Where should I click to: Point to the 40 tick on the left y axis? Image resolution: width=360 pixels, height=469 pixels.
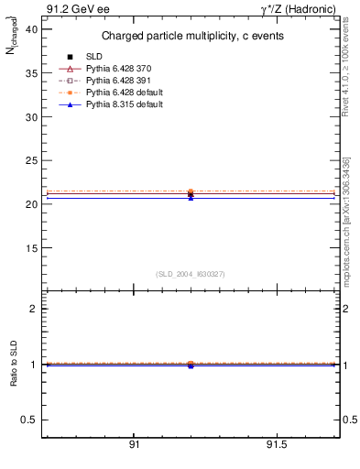(x=31, y=29)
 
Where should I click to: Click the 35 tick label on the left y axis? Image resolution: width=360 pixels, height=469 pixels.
(x=31, y=73)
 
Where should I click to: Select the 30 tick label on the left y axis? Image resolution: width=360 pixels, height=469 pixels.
(x=31, y=117)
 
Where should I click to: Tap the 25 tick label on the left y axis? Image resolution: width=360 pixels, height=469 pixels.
(x=31, y=160)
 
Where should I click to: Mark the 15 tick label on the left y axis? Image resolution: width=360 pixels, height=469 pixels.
(x=31, y=248)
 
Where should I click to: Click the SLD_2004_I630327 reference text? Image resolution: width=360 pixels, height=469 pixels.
(x=191, y=274)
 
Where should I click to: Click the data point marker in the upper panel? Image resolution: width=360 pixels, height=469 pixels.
(x=191, y=193)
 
